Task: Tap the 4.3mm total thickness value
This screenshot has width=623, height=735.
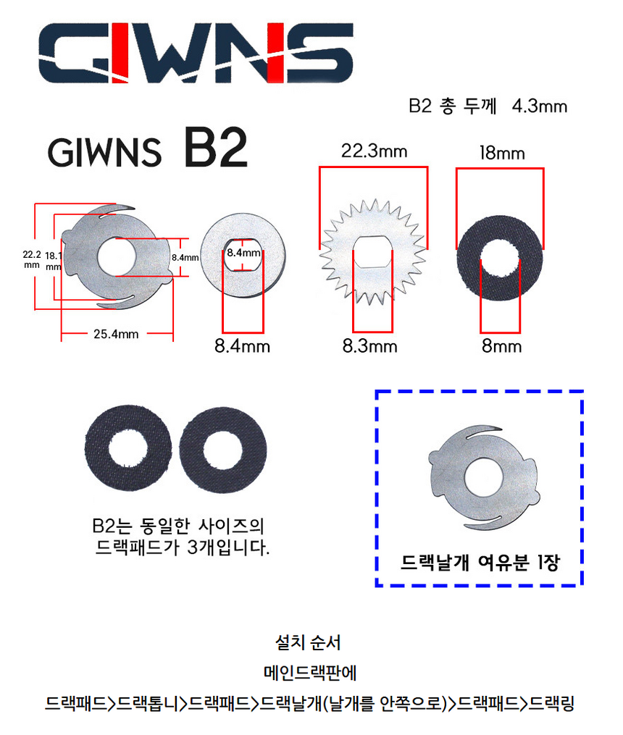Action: click(539, 106)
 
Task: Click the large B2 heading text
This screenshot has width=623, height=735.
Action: click(215, 148)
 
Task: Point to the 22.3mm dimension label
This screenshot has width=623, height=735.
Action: click(374, 151)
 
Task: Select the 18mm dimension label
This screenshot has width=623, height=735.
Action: click(501, 154)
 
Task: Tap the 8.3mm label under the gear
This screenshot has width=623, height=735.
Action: click(369, 346)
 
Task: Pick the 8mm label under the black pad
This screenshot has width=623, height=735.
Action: click(502, 346)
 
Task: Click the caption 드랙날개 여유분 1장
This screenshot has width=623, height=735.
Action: click(480, 563)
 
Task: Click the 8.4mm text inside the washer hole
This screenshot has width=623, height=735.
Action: click(243, 253)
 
